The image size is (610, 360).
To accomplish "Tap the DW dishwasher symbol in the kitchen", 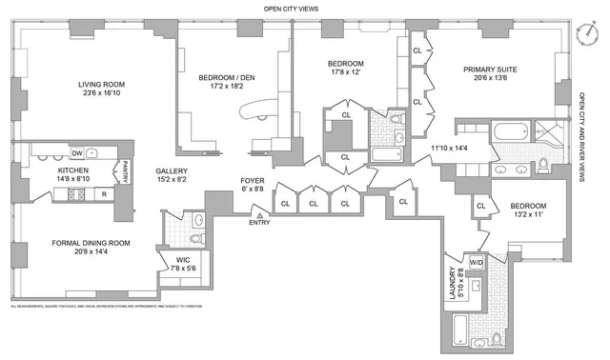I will coord(77,152).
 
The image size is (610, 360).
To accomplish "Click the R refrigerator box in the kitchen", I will coord(103,193).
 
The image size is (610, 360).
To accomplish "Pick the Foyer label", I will coord(253,180).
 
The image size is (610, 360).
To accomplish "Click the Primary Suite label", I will coord(491,70).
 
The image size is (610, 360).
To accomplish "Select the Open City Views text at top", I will coord(291,9).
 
